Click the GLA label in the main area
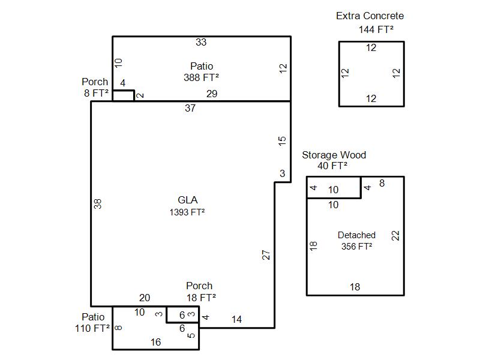(188, 200)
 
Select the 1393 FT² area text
(187, 212)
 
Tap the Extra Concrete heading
(370, 16)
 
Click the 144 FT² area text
(376, 29)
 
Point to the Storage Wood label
(334, 155)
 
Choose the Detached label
(356, 235)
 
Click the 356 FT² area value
(356, 246)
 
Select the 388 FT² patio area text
(201, 77)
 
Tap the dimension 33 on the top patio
(201, 42)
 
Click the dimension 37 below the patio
(190, 108)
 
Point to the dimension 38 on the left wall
(97, 204)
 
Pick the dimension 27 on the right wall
(266, 255)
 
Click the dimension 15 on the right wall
(282, 141)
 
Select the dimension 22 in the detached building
(395, 236)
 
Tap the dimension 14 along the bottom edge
(236, 319)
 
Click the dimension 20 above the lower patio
(145, 298)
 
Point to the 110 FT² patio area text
(92, 328)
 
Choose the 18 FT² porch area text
(201, 297)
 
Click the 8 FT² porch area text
(96, 93)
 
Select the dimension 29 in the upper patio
(212, 94)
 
